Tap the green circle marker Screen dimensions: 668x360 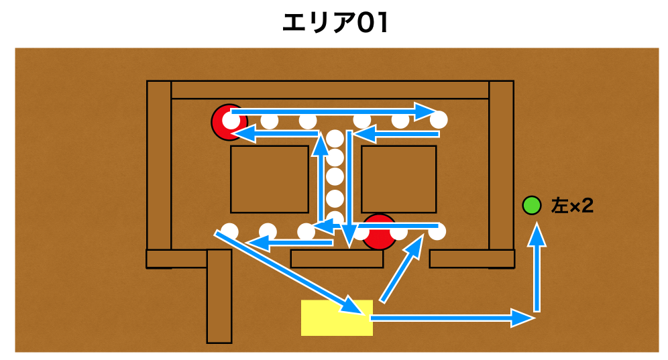point(532,205)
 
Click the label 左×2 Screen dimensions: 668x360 point(572,206)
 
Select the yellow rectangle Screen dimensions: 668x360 point(337,317)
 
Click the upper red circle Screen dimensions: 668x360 point(227,122)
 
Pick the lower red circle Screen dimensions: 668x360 point(380,232)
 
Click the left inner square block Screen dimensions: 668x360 point(270,179)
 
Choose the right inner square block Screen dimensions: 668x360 point(398,179)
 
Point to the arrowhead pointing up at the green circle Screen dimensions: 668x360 point(536,234)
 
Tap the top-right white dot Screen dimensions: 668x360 point(439,121)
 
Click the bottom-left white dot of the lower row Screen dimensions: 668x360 point(229,231)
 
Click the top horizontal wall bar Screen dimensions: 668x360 point(330,90)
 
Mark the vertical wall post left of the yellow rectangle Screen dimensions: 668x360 point(219,296)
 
